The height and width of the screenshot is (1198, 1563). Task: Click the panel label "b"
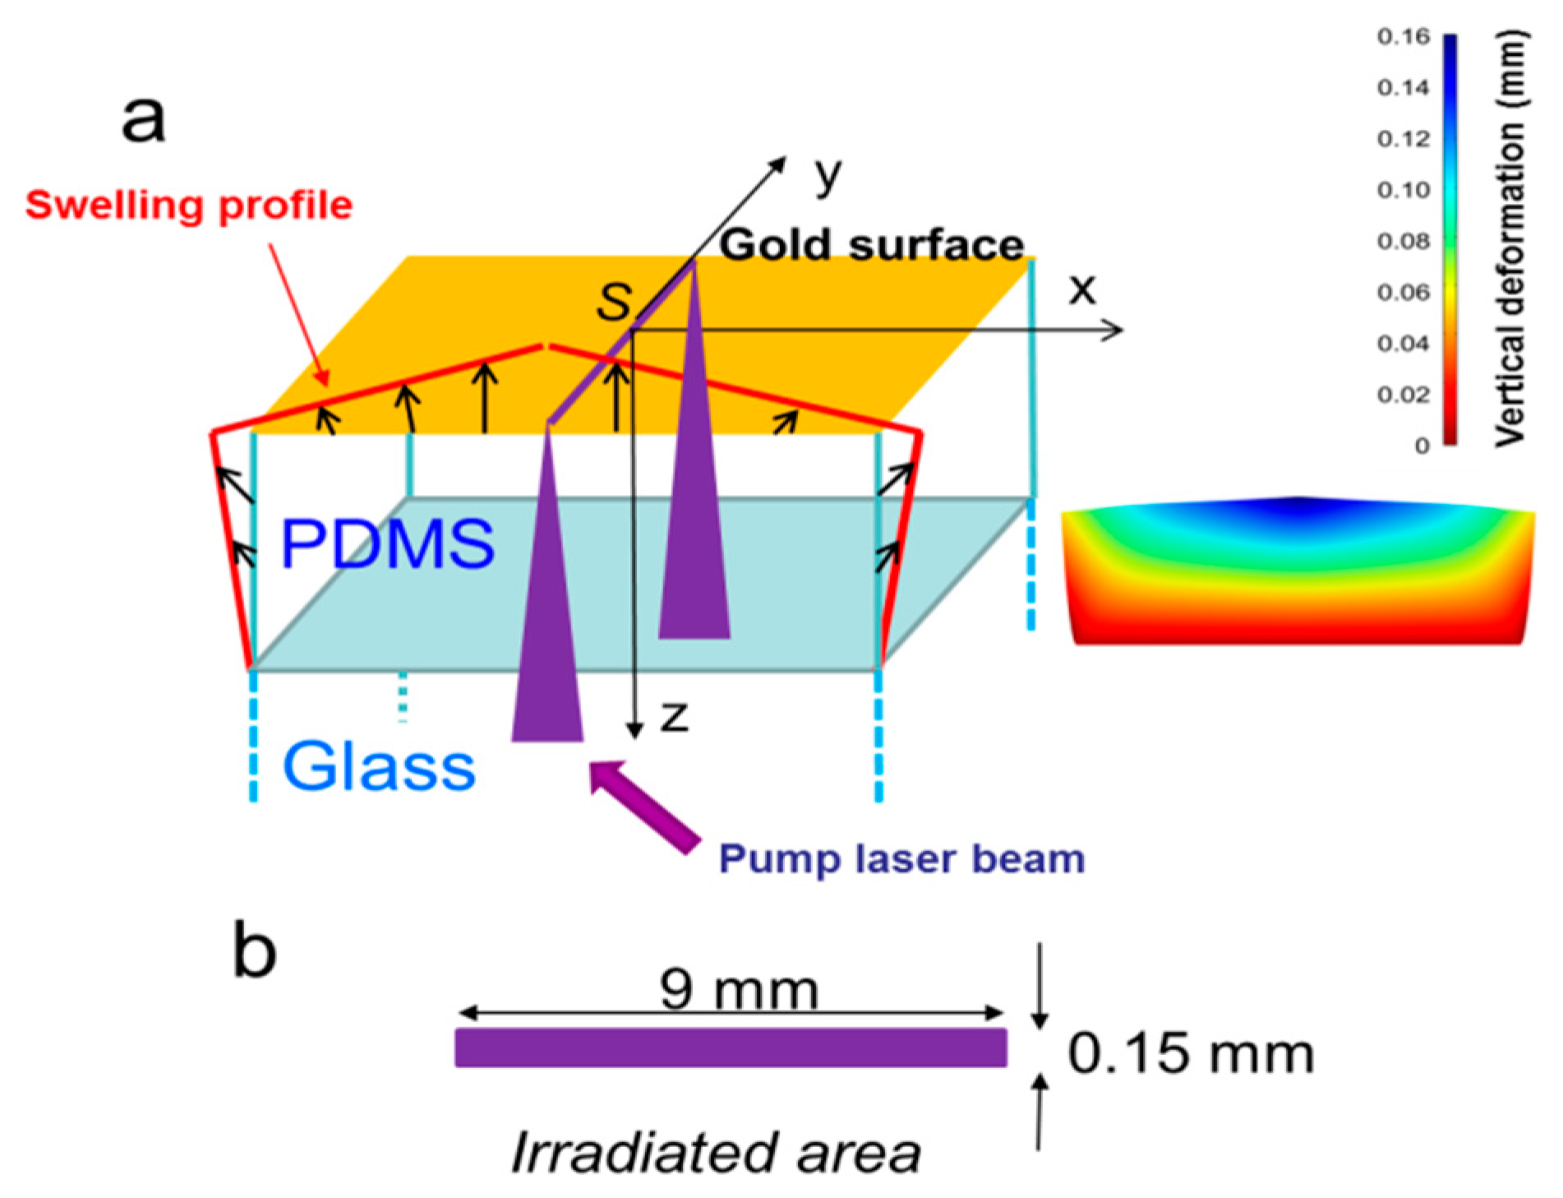tap(254, 951)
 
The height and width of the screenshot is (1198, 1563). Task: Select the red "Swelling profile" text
tap(189, 205)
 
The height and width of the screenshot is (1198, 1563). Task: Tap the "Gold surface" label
tap(871, 245)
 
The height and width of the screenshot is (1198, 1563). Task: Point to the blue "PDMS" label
tap(387, 543)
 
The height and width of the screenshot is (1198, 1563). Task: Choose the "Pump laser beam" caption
tap(901, 859)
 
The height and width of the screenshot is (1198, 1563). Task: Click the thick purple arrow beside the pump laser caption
tap(646, 807)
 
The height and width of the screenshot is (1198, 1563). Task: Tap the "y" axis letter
tap(828, 175)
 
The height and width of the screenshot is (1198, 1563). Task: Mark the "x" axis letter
tap(1082, 289)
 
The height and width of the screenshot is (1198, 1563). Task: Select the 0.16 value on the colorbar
tap(1404, 36)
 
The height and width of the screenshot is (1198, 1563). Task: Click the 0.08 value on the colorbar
tap(1404, 241)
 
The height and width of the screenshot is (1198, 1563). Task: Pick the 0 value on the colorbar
tap(1422, 446)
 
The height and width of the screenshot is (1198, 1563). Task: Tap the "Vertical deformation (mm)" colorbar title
tap(1510, 238)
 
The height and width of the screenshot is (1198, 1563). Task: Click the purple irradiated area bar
tap(731, 1048)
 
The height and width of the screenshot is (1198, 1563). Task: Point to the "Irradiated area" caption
tap(716, 1153)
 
